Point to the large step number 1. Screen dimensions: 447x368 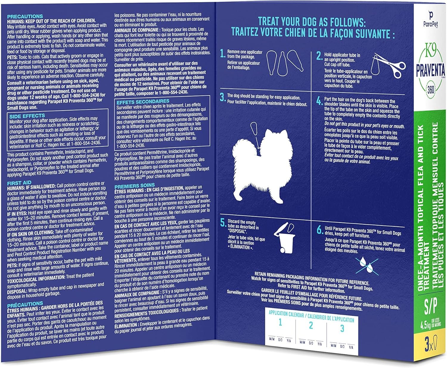(x=223, y=53)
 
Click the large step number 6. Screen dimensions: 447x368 (x=320, y=230)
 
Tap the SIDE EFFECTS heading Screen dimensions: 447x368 (x=27, y=116)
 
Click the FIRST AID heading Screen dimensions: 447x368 (x=19, y=183)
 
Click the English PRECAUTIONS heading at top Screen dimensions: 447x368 (x=25, y=16)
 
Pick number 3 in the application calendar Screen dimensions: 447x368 (x=342, y=329)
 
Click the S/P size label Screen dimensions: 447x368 (x=430, y=307)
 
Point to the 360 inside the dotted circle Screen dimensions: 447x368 (x=431, y=90)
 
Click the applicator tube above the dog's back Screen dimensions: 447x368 (x=254, y=128)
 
